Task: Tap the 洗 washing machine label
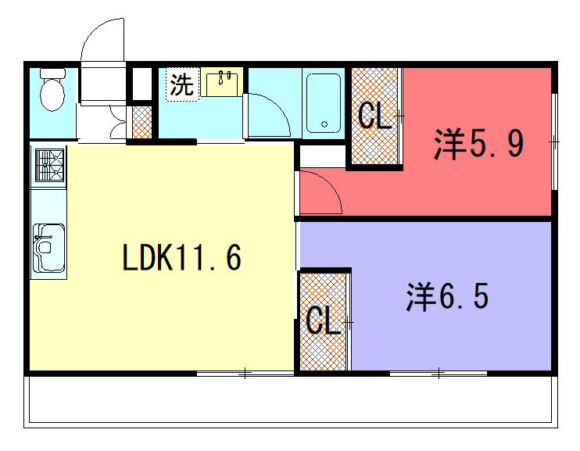[x=182, y=84]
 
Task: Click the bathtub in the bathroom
[x=324, y=103]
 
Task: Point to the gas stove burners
[x=49, y=165]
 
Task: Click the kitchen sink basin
[x=48, y=247]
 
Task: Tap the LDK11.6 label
[x=181, y=258]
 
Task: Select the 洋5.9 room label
[x=479, y=144]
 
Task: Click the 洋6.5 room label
[x=448, y=296]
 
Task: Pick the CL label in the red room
[x=374, y=116]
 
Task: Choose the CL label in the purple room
[x=324, y=320]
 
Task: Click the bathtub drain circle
[x=324, y=124]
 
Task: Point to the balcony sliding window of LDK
[x=245, y=374]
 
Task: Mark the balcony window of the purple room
[x=439, y=374]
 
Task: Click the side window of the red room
[x=554, y=141]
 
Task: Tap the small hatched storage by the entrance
[x=142, y=122]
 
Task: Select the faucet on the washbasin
[x=221, y=77]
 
